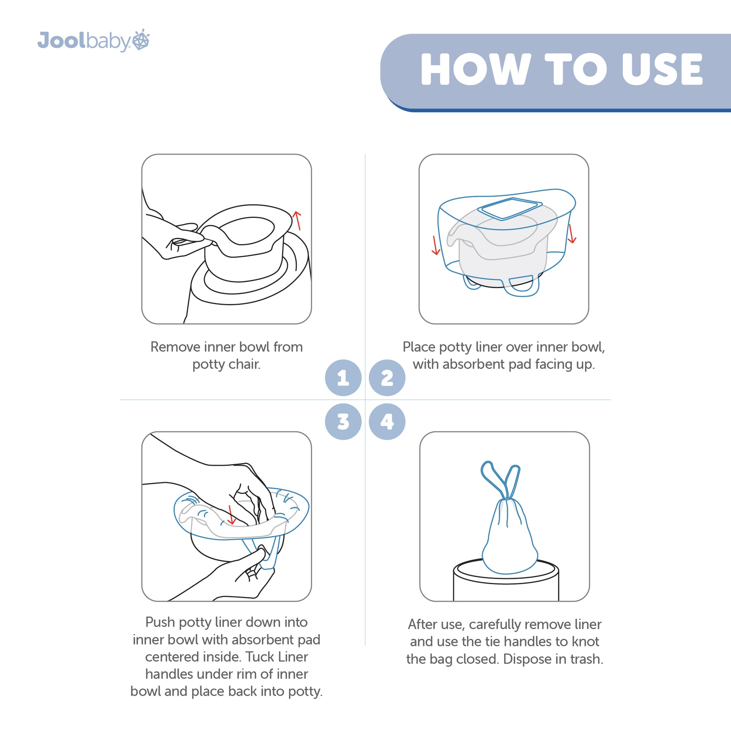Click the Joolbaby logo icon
pyautogui.click(x=141, y=39)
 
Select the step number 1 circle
pyautogui.click(x=343, y=378)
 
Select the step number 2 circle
pyautogui.click(x=387, y=378)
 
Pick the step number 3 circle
pyautogui.click(x=343, y=421)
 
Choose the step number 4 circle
pyautogui.click(x=387, y=421)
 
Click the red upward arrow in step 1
pyautogui.click(x=298, y=221)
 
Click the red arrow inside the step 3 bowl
pyautogui.click(x=231, y=515)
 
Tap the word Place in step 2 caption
pyautogui.click(x=418, y=347)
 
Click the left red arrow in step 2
pyautogui.click(x=436, y=245)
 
